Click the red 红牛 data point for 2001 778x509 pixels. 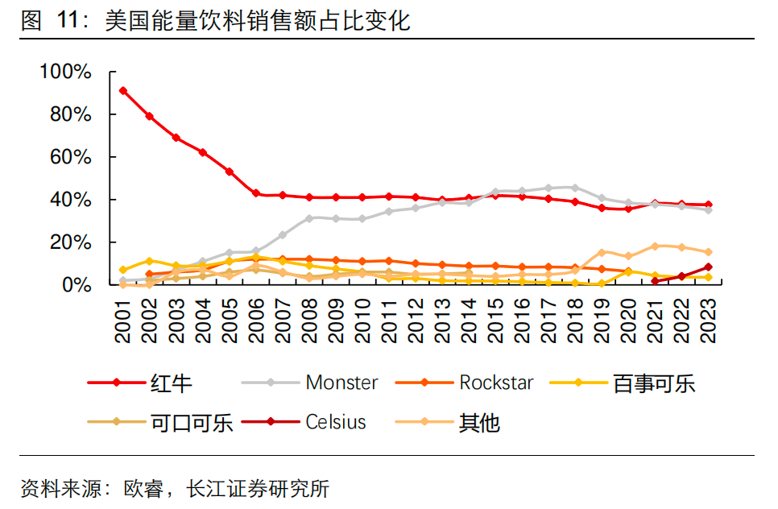tap(122, 90)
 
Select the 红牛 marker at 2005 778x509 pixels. tap(230, 172)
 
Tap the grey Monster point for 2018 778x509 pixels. tap(574, 188)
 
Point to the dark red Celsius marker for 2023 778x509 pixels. tap(708, 267)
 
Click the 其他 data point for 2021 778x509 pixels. tap(655, 246)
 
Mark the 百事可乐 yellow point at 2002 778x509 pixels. tap(149, 261)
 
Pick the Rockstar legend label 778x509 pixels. tap(496, 383)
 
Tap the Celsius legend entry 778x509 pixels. tap(335, 422)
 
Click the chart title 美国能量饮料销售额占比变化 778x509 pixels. tap(258, 21)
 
